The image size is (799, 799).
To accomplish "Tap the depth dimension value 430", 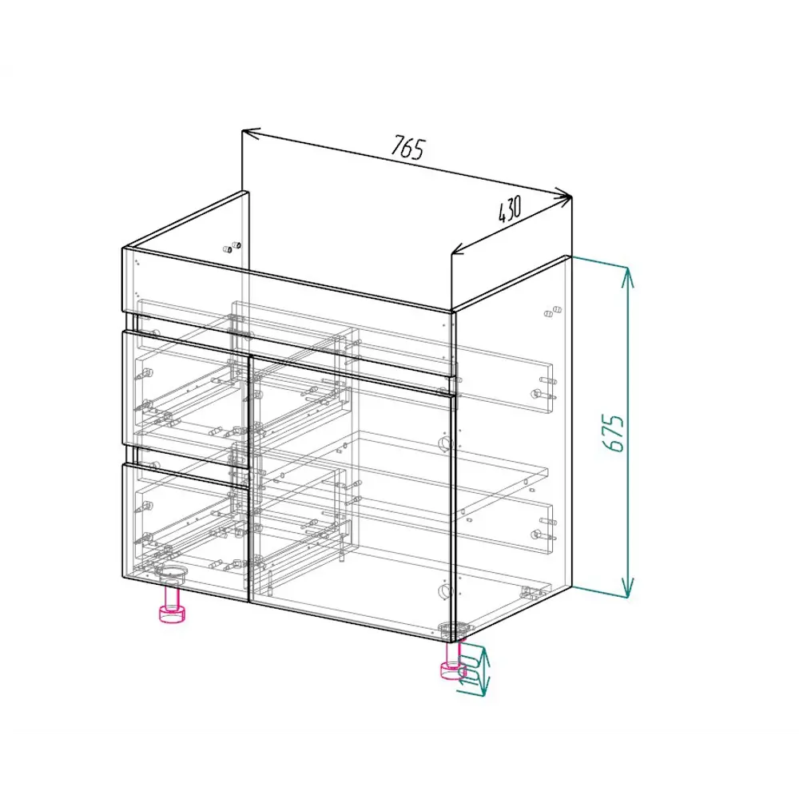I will click(509, 209).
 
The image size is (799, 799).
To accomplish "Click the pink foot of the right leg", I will click(452, 670).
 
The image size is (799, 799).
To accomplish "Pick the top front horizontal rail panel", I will click(288, 280).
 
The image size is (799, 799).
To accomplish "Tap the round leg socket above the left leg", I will click(172, 572).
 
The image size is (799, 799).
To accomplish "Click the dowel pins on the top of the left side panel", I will click(233, 246).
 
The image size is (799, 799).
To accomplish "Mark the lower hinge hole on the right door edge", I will click(444, 591).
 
